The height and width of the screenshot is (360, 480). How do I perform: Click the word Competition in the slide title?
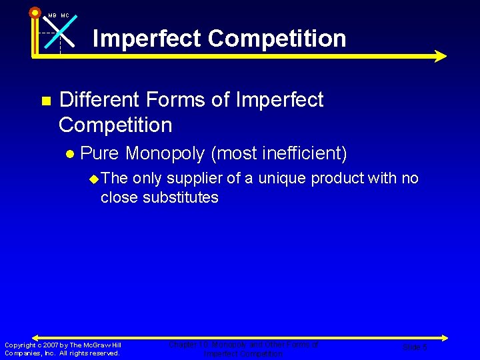277,38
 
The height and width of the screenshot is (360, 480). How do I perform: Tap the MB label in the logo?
52,15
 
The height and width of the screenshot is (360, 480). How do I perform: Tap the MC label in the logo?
65,15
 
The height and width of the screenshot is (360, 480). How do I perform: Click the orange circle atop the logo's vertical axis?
35,12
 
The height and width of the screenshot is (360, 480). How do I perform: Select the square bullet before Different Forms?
46,101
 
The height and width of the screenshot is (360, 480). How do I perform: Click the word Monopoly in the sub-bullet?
165,154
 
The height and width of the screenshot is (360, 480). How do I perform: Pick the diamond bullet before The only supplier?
94,179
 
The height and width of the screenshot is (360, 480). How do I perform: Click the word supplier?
196,179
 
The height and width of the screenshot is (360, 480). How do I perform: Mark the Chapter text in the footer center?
183,345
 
